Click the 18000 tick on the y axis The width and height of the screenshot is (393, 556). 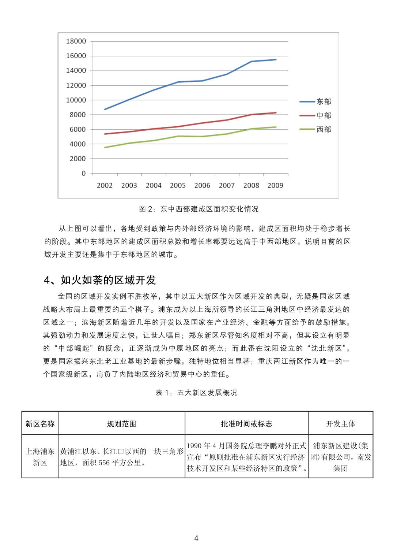pos(76,41)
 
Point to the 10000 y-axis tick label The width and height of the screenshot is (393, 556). pos(76,100)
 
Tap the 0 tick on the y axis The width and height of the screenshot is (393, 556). pos(84,173)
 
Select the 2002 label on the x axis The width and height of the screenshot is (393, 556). pos(105,185)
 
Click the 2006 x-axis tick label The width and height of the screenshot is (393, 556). pos(202,185)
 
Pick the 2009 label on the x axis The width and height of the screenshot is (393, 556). pos(275,185)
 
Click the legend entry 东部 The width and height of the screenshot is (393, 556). pos(324,101)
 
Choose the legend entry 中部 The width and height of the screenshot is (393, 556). pos(324,115)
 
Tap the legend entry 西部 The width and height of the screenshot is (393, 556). pos(324,129)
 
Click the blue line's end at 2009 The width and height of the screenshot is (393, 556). pos(276,59)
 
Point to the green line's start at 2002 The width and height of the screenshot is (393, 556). pos(105,148)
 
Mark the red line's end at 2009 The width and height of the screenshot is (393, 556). pos(276,113)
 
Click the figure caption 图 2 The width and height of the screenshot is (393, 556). pos(199,209)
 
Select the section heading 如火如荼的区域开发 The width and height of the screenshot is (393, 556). pos(108,280)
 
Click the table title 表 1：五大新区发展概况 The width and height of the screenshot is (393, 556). pos(196,393)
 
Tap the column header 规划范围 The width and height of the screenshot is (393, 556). pos(121,424)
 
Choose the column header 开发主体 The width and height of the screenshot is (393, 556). pos(340,424)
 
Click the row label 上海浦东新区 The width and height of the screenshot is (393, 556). pos(40,457)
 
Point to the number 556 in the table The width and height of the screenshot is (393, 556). pos(104,463)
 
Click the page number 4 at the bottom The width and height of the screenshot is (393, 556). pos(196,538)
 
